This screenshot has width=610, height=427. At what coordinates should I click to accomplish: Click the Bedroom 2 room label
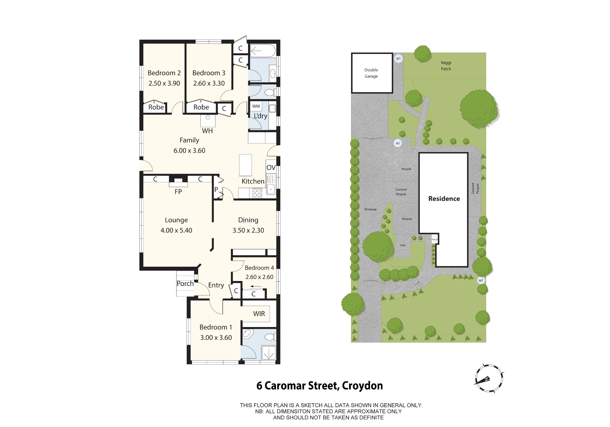[164, 73]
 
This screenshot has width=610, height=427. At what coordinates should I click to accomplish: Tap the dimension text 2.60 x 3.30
[209, 83]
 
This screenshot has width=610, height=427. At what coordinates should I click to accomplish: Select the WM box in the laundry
[256, 106]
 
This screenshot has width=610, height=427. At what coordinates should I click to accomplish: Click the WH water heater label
[207, 131]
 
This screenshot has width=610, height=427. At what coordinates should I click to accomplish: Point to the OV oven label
[271, 167]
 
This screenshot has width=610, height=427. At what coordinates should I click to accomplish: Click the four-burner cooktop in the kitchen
[257, 193]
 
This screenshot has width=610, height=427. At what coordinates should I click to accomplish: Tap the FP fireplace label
[178, 192]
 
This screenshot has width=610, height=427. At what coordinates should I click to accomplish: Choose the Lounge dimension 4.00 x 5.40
[176, 230]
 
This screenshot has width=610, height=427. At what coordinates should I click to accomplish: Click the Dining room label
[248, 220]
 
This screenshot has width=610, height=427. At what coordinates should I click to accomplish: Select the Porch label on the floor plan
[185, 283]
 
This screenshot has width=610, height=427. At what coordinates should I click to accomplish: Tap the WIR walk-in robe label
[259, 314]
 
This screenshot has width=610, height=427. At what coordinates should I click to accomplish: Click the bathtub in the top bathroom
[263, 51]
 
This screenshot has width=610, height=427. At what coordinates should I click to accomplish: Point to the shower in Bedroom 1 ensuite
[269, 353]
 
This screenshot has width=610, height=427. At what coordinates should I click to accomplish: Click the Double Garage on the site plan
[372, 73]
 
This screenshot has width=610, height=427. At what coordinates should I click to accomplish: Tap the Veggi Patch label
[446, 66]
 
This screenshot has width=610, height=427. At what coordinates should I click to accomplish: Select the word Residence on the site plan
[444, 199]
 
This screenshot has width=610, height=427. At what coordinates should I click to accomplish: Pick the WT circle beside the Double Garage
[398, 59]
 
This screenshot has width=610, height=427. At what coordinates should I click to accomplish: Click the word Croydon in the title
[362, 386]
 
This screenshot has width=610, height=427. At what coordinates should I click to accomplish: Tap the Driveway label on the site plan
[370, 209]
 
